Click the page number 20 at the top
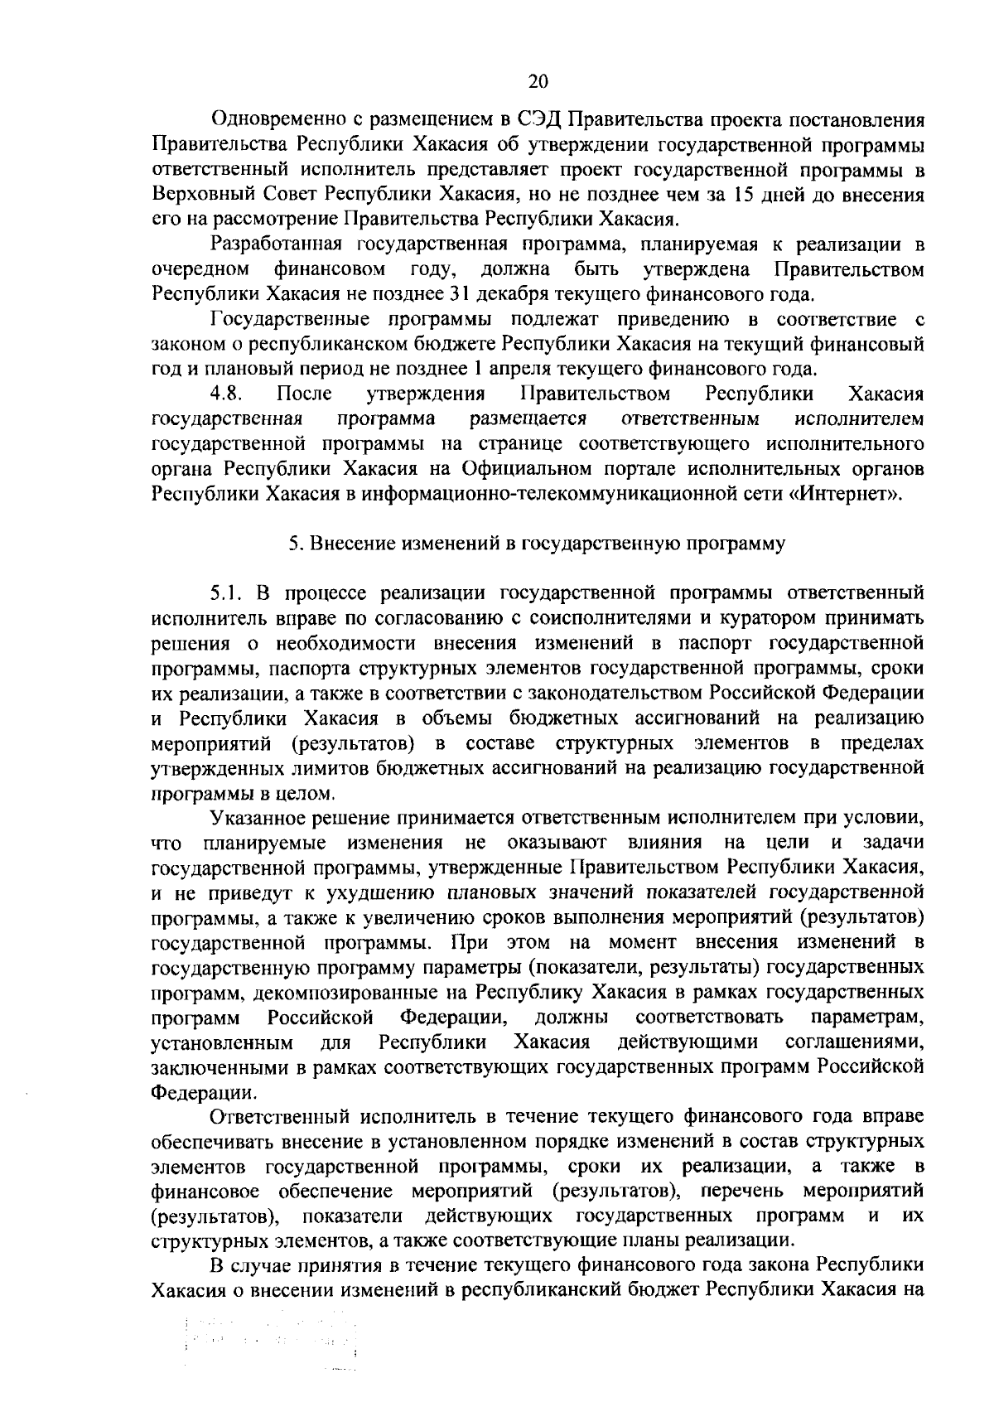point(538,81)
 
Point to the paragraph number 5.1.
point(225,593)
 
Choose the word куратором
point(742,618)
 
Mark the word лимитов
point(334,768)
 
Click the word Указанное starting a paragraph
point(262,818)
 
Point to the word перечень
point(738,1192)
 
